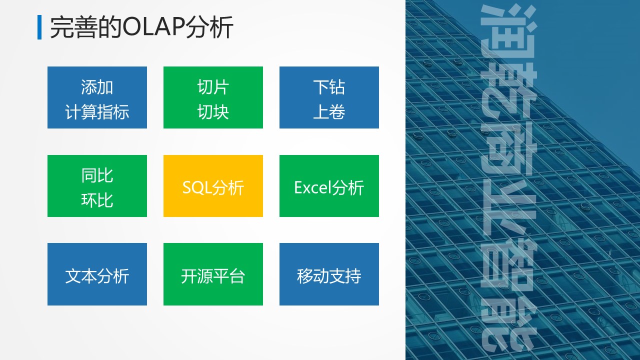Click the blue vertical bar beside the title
coord(39,27)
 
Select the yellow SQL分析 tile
coord(213,186)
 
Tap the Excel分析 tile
coord(329,186)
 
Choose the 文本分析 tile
coord(97,274)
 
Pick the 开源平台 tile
coord(213,274)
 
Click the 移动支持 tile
coord(329,274)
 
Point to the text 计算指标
coord(97,111)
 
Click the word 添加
coord(97,87)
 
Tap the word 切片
coord(213,87)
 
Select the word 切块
coord(213,111)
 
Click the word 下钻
coord(329,87)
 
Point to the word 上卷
coord(329,111)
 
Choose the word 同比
coord(97,175)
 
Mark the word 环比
coord(97,200)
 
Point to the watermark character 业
coord(508,211)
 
